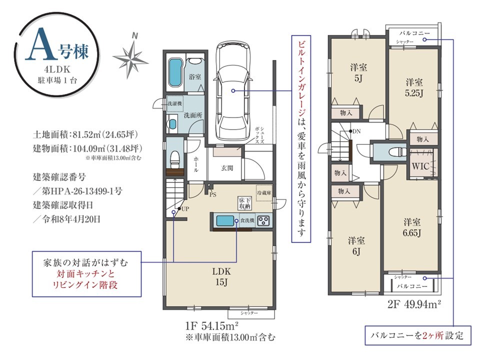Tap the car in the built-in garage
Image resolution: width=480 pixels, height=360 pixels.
(x=233, y=90)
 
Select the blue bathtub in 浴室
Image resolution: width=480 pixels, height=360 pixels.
(x=175, y=72)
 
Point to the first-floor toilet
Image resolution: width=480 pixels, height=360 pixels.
(x=175, y=159)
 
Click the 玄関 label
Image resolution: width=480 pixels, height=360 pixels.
(x=227, y=168)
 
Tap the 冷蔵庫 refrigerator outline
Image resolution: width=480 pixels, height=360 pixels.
(x=264, y=193)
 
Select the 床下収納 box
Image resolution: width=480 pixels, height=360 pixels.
(x=245, y=203)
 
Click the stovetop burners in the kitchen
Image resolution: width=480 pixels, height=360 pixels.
(x=263, y=220)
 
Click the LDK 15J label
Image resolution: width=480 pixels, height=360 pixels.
(x=221, y=276)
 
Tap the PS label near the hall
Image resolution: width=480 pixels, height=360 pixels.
(x=213, y=194)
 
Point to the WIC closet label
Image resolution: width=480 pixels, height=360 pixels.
(x=420, y=166)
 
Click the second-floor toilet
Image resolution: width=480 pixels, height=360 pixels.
(x=397, y=152)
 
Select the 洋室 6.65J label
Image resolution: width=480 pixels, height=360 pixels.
(x=411, y=227)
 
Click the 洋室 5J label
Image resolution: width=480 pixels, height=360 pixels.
(x=358, y=73)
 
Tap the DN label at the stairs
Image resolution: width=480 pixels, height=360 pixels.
(x=356, y=131)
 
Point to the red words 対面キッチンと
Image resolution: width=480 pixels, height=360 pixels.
(x=85, y=273)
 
